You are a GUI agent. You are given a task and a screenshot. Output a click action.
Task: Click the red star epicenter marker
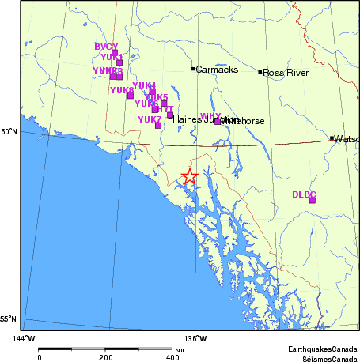(189, 177)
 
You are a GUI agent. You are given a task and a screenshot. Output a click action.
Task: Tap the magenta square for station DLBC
(313, 200)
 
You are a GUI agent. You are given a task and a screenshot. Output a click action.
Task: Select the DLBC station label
(304, 194)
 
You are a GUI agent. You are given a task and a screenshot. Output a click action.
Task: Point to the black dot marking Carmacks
(192, 69)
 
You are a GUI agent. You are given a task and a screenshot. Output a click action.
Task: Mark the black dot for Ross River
(260, 72)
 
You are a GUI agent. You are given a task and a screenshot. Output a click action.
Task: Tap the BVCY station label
(106, 47)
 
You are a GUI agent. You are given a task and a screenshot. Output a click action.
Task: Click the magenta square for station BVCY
(115, 53)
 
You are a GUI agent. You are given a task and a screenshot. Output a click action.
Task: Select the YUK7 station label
(150, 119)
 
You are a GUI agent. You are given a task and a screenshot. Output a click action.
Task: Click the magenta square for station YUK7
(158, 125)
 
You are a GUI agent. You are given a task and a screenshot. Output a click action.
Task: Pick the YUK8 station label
(122, 90)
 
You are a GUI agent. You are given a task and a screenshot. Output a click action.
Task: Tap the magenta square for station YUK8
(131, 96)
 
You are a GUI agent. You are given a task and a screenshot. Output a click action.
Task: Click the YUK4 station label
(144, 85)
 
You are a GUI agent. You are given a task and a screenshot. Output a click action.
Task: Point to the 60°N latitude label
(9, 131)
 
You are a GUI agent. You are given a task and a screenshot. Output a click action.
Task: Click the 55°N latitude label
(9, 319)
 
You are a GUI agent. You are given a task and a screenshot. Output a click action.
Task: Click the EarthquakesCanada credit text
(322, 348)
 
